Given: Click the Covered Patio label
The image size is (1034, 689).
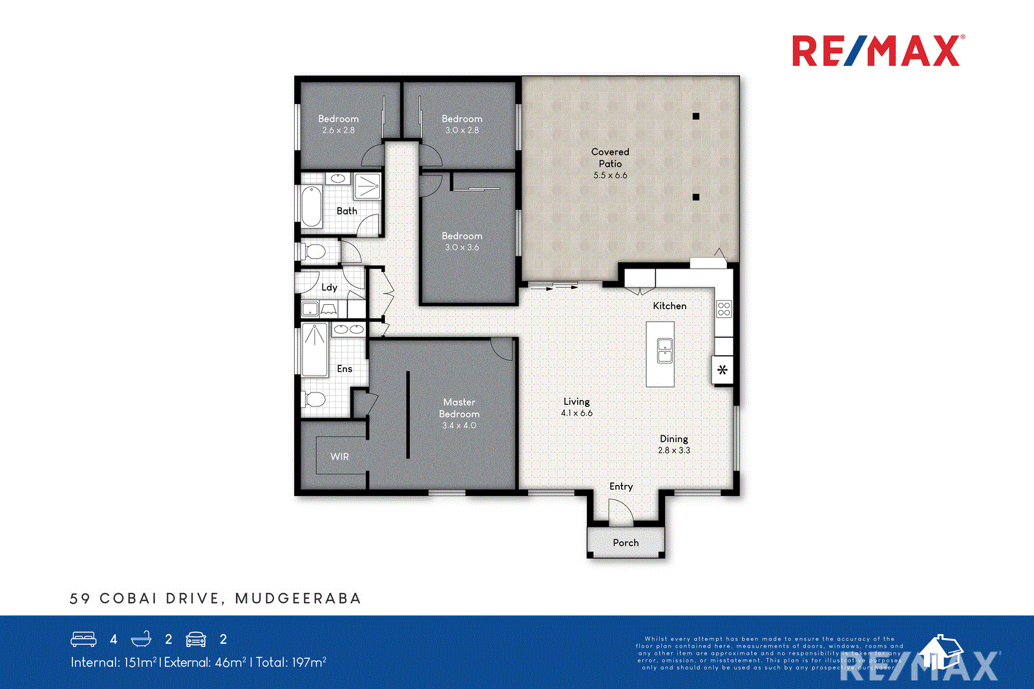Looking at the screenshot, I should point(610,158).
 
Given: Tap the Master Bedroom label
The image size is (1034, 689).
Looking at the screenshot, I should point(459,408).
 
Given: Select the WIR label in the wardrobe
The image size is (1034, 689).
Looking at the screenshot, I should point(339,457).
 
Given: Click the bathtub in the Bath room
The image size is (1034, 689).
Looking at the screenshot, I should point(311,207).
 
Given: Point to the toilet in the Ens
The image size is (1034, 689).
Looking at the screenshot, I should point(315,400).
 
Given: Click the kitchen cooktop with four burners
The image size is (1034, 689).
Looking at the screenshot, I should point(724,309).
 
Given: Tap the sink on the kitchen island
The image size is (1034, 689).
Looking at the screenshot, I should point(665,351).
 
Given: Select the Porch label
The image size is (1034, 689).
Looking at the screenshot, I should point(626,543).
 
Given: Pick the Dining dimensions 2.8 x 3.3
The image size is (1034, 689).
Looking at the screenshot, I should point(674,451).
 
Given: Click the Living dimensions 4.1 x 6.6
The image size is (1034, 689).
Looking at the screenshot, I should point(576,413).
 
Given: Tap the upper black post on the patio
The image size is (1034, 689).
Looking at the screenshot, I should point(696,116).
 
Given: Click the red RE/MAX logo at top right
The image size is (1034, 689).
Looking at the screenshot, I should point(878,51).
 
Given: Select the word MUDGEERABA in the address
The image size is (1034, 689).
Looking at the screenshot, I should point(298,599).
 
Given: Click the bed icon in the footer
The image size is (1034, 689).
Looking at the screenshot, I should point(83,639).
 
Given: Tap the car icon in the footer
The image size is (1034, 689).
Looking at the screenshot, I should point(196,639).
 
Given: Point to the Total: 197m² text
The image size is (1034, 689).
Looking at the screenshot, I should point(291,662).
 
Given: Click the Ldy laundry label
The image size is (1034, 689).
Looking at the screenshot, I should point(330,287).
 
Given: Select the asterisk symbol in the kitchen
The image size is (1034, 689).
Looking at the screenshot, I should point(723,370).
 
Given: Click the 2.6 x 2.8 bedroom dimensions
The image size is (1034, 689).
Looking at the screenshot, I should point(339,130).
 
